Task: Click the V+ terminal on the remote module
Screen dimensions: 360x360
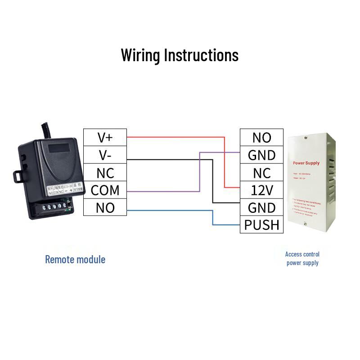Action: click(105, 138)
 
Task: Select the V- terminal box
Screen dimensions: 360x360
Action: click(105, 155)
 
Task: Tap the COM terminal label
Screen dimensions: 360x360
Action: click(105, 190)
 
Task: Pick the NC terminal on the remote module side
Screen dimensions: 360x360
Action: click(105, 173)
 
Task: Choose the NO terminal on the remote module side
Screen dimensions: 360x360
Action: click(105, 208)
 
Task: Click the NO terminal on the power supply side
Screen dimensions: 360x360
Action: click(261, 138)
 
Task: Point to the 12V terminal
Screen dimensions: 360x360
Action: click(261, 190)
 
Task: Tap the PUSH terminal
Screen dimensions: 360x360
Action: click(261, 225)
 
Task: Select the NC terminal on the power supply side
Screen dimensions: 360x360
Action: click(261, 173)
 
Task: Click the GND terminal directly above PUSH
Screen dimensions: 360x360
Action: click(261, 208)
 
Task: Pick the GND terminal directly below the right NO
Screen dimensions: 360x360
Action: click(261, 155)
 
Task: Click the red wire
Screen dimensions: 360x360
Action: click(175, 136)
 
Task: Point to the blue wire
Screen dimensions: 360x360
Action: click(171, 210)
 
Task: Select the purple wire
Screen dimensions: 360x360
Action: click(162, 192)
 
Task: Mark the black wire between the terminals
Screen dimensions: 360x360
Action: click(171, 159)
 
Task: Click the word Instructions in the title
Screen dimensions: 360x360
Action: click(201, 55)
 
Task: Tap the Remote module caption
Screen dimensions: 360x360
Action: click(75, 260)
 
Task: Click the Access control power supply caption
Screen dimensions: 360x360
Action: click(302, 259)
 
